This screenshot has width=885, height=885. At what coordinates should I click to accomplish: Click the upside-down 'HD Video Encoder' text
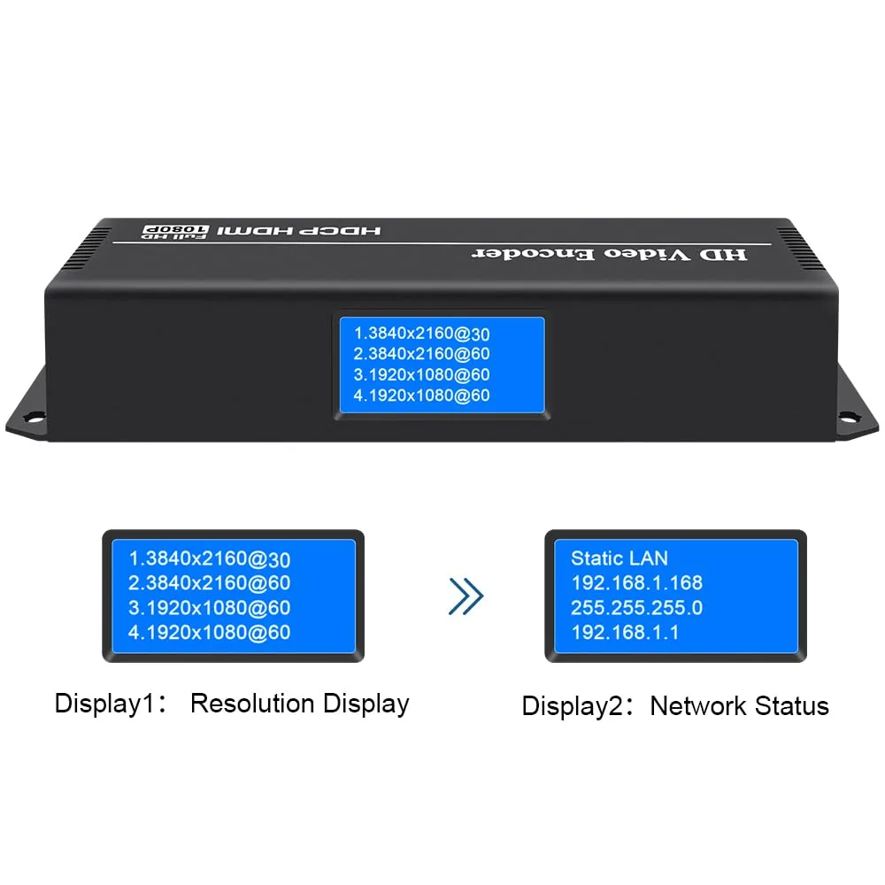click(x=608, y=254)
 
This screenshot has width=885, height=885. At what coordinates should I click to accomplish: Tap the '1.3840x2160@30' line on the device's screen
click(x=422, y=334)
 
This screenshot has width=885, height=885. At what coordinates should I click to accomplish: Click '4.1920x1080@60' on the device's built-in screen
click(x=422, y=396)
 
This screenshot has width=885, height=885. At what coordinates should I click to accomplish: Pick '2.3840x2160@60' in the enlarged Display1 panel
click(x=210, y=583)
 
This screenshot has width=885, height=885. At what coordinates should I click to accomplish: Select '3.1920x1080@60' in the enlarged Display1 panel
click(x=210, y=608)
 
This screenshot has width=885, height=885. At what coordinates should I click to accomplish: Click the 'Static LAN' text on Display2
click(x=619, y=558)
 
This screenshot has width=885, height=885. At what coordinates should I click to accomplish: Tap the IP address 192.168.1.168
click(x=637, y=582)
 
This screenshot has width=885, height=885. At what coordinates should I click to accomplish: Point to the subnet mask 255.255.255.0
click(x=637, y=607)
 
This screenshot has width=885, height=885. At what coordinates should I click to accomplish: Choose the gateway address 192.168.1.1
click(x=625, y=632)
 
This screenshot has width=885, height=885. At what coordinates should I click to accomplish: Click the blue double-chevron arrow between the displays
click(x=466, y=596)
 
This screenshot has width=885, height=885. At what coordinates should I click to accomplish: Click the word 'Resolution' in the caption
click(x=252, y=704)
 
